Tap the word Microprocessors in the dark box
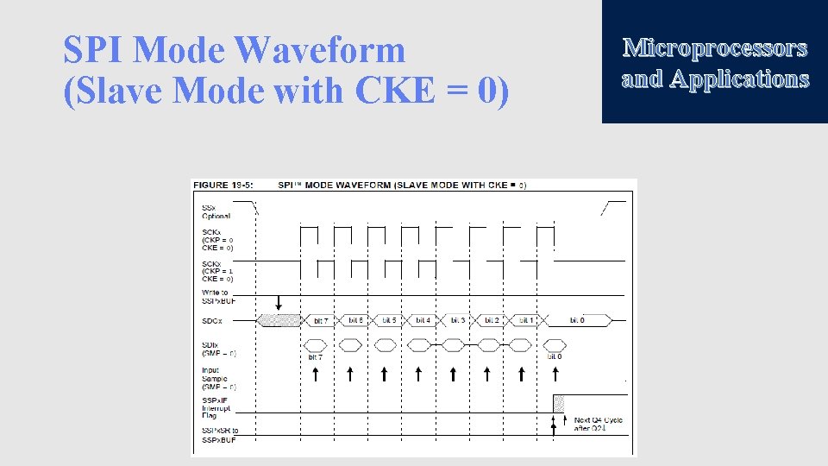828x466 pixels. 715,47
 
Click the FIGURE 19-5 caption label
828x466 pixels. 223,185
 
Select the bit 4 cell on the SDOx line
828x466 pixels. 422,321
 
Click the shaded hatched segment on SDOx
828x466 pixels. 279,321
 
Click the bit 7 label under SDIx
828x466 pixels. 316,357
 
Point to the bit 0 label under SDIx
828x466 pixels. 555,357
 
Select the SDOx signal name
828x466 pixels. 212,321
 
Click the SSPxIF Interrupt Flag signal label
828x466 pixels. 216,407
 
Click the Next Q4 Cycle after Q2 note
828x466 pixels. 598,425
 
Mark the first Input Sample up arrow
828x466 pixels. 316,374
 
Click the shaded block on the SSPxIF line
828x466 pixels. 559,403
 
